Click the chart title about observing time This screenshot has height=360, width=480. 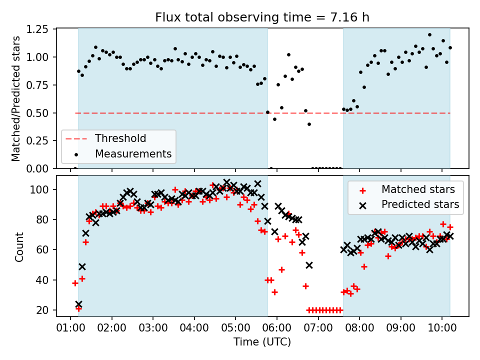(x=262, y=17)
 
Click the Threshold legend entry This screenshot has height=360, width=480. (x=121, y=138)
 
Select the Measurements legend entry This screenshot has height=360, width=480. (x=133, y=153)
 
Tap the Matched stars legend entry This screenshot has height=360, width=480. (x=418, y=189)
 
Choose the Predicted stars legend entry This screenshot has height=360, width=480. (x=420, y=204)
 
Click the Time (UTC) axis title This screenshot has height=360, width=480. (x=262, y=342)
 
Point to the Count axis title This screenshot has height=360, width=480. (x=19, y=246)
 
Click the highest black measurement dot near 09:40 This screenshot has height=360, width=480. (x=429, y=35)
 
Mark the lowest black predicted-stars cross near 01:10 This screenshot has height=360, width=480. (x=78, y=304)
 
